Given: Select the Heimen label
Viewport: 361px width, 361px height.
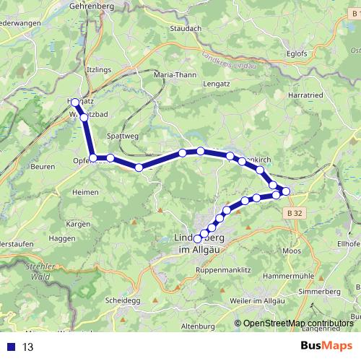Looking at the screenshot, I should (x=87, y=193).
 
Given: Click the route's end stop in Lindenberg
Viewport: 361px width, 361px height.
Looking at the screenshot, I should (x=197, y=238).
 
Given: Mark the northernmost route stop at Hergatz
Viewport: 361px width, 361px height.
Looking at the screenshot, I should (x=75, y=103).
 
